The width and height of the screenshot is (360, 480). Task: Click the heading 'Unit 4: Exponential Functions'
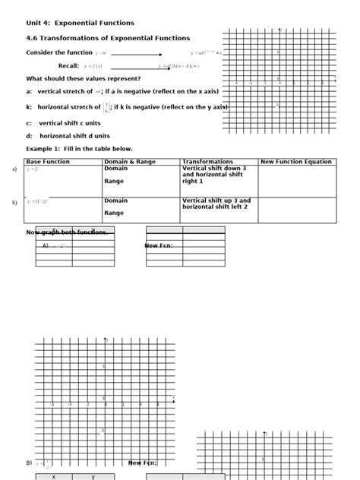(x=80, y=23)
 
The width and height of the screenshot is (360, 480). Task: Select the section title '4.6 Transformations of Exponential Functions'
(x=108, y=38)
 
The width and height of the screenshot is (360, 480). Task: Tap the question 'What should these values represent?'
(x=83, y=78)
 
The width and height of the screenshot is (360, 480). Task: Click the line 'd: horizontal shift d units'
(x=69, y=135)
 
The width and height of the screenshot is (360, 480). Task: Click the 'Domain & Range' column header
(x=130, y=162)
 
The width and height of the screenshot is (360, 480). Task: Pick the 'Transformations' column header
(x=207, y=162)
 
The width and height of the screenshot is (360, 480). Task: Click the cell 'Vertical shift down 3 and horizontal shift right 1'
(x=213, y=175)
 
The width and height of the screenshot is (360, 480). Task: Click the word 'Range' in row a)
(x=114, y=182)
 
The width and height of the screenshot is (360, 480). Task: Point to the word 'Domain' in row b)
(x=116, y=201)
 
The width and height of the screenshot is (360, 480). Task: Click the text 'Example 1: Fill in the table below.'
(x=79, y=149)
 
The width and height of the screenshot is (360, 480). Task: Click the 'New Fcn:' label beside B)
(x=143, y=463)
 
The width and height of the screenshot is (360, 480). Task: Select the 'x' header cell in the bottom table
(x=53, y=477)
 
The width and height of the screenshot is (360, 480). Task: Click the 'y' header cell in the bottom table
(x=93, y=477)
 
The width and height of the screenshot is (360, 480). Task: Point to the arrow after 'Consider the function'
(x=137, y=54)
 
